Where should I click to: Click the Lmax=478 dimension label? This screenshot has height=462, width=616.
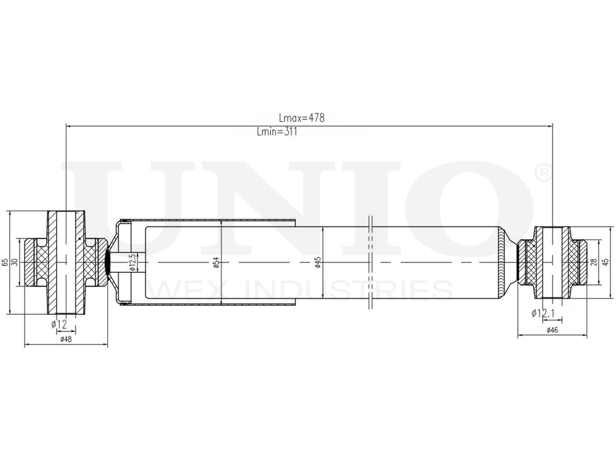(301, 118)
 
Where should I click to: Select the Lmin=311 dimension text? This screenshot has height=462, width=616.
(277, 132)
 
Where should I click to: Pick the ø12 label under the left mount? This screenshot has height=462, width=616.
(59, 324)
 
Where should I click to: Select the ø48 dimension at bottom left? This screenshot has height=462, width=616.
(66, 339)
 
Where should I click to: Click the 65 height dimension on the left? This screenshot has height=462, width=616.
(6, 262)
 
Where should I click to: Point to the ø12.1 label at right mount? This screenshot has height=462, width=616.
(545, 314)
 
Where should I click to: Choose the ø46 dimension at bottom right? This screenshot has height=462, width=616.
(552, 331)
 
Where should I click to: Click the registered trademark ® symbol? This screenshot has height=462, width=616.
(543, 173)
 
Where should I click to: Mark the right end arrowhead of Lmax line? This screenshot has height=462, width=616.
(549, 126)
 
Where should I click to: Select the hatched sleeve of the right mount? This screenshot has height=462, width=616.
(553, 262)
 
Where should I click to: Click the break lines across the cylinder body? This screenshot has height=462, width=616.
(370, 262)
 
